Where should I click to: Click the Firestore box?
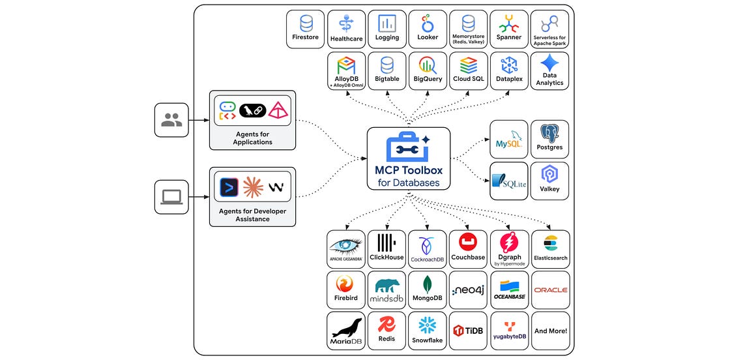[306, 29]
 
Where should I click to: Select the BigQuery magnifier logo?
[428, 65]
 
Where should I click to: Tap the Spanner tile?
[509, 29]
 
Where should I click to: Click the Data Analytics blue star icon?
[549, 63]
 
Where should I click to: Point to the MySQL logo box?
[509, 140]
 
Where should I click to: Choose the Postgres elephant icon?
[549, 133]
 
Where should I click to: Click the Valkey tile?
[549, 181]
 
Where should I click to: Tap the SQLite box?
[509, 181]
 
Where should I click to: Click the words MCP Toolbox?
[408, 170]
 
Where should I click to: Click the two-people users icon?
[172, 120]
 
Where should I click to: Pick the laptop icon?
[172, 197]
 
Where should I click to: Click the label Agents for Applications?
[252, 138]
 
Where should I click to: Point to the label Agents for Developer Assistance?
[252, 215]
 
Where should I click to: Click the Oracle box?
[550, 290]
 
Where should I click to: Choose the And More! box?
[550, 331]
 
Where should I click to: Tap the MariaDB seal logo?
[346, 328]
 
